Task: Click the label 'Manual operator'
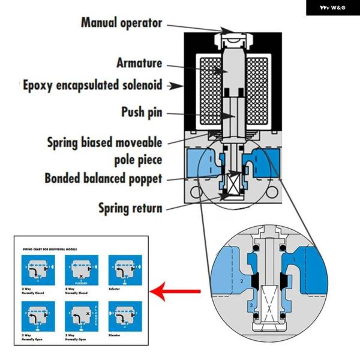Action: pos(122,23)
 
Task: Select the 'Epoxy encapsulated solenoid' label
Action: pos(92,85)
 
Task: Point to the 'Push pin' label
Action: pos(142,112)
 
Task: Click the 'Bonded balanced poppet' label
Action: pos(103,178)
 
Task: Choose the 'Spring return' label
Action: pos(130,208)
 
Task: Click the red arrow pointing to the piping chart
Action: pos(175,292)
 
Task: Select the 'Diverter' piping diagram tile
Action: pos(121,316)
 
